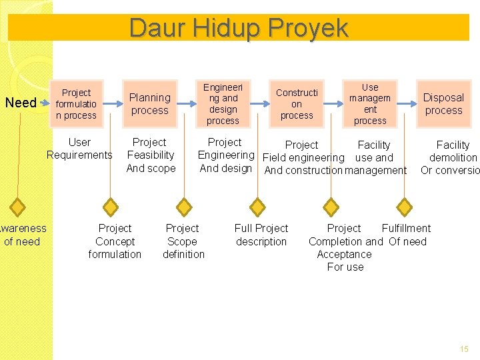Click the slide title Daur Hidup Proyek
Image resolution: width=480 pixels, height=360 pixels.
(239, 28)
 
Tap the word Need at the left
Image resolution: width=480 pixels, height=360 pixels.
(21, 103)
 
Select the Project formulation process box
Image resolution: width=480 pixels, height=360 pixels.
(76, 104)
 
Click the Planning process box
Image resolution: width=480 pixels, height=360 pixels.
(150, 103)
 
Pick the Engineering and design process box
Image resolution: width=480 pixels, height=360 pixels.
(223, 103)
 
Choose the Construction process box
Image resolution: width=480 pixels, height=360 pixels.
(297, 103)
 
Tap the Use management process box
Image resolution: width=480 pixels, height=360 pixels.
(370, 103)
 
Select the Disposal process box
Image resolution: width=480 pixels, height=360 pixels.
(443, 103)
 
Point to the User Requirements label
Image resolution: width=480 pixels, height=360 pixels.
(79, 149)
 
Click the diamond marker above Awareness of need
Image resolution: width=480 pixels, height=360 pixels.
(18, 207)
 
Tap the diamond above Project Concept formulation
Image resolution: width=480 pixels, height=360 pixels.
(111, 207)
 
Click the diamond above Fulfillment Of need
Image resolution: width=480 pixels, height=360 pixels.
(404, 207)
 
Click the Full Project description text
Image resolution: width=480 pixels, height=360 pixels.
(261, 235)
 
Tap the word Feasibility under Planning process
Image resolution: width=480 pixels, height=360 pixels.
(151, 155)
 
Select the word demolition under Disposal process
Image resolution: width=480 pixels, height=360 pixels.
(453, 157)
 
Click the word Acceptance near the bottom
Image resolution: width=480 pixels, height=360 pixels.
(344, 254)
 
